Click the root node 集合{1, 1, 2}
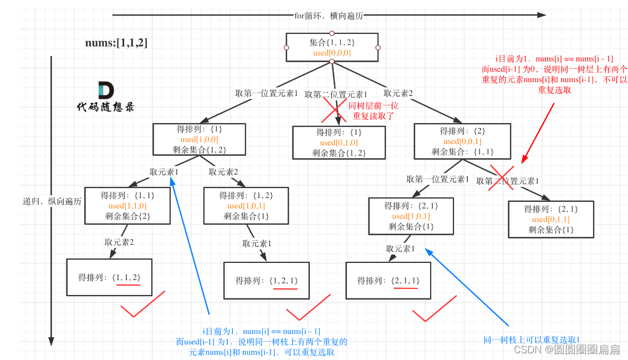pos(332,48)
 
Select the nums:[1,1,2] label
pos(116,43)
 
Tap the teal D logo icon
pos(105,90)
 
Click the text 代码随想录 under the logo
pos(105,107)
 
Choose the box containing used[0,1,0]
pos(339,143)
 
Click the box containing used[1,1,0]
pos(127,206)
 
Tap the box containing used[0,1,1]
pos(551,219)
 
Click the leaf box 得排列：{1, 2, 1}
pos(267,280)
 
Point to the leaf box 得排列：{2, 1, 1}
pos(389,280)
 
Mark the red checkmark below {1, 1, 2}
pos(143,304)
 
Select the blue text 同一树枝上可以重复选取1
pos(531,339)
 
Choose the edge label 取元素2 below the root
pos(398,94)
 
